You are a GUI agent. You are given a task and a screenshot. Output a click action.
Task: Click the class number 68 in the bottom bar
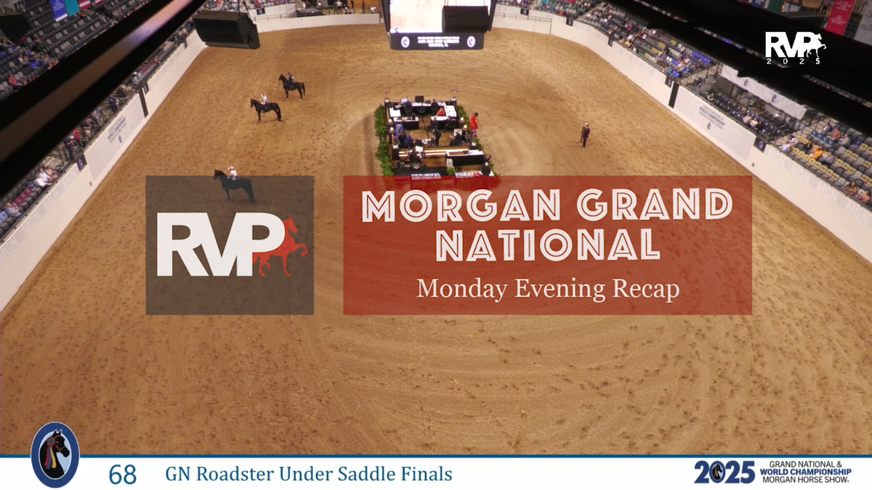click(123, 475)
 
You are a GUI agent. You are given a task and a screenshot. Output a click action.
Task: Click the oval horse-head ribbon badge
click(55, 455)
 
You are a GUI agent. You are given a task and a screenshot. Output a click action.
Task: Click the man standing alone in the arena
click(585, 135)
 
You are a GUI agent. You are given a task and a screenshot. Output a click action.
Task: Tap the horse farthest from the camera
click(291, 86)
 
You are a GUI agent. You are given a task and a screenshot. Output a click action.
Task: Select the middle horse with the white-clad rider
click(266, 109)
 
